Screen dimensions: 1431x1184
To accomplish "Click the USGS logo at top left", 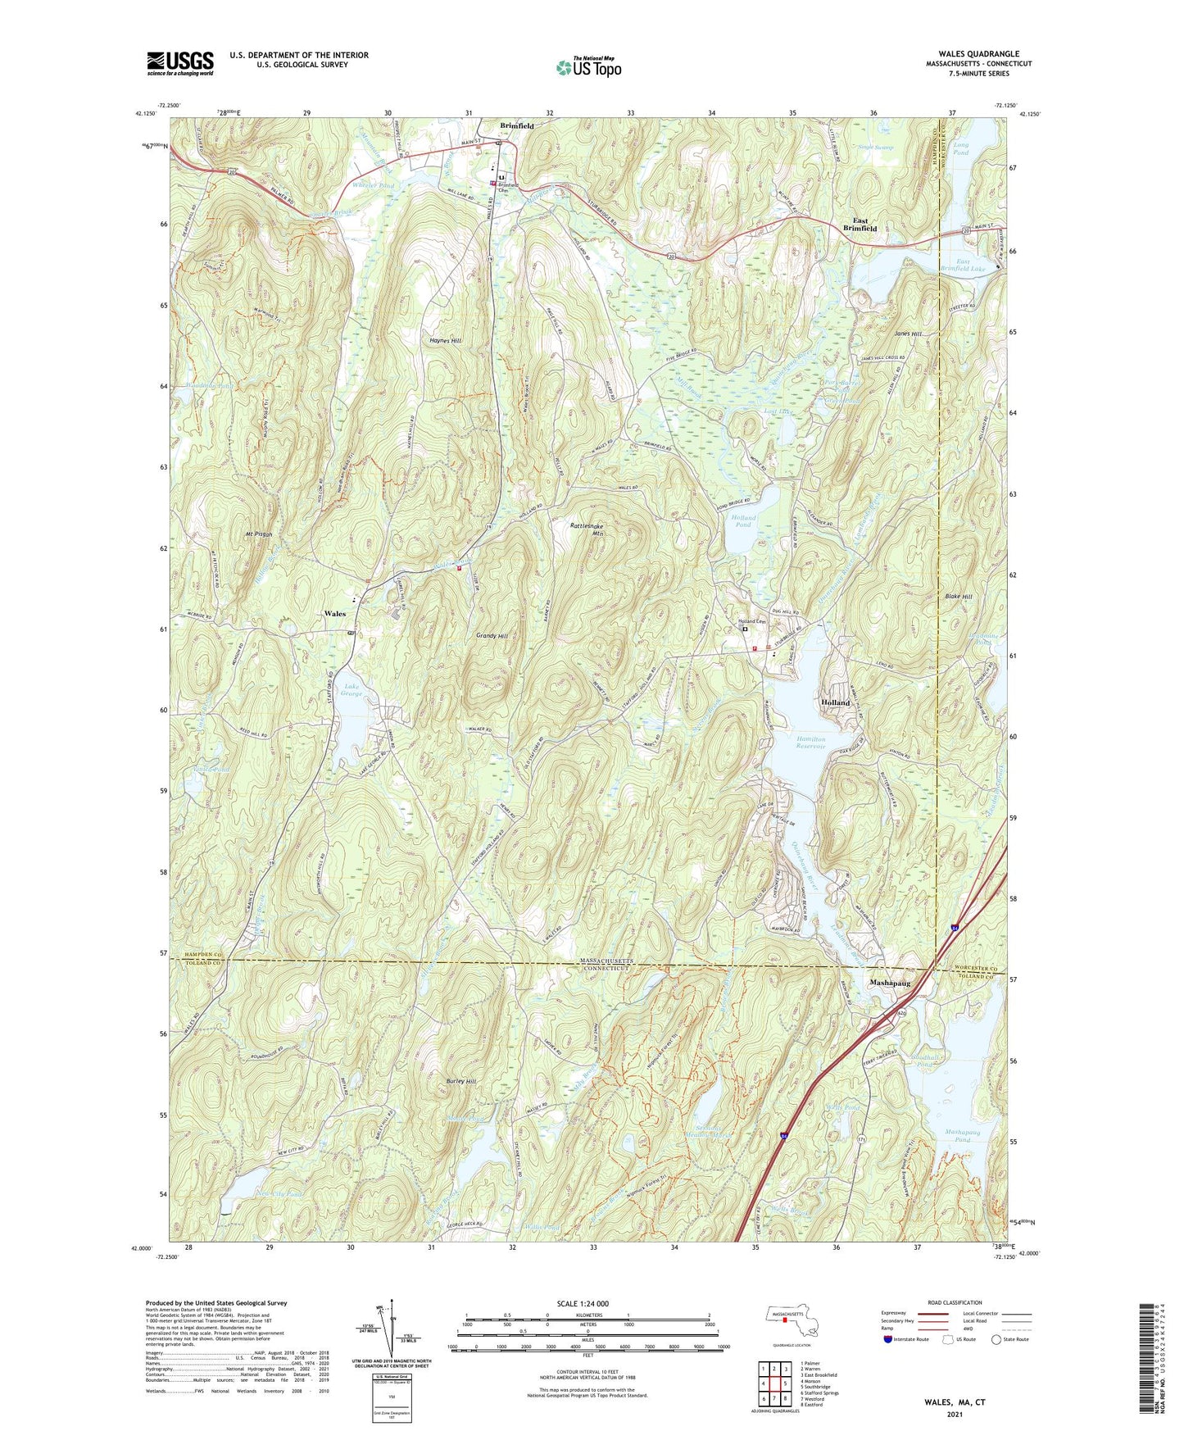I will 179,63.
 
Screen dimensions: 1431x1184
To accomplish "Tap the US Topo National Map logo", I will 588,66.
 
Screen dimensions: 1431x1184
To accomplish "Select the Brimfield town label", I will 517,126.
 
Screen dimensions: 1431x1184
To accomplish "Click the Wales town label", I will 334,613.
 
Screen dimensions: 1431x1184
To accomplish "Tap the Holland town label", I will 836,703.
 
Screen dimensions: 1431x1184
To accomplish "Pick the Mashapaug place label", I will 889,981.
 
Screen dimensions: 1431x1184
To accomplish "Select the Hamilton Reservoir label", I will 810,743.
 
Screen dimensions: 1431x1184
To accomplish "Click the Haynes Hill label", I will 445,341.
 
